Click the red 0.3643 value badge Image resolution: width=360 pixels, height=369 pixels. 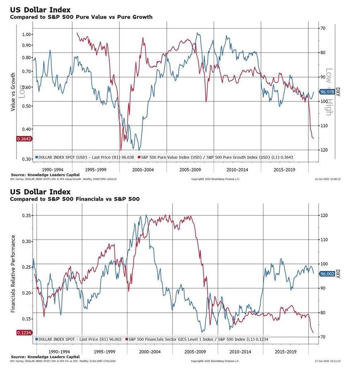pyautogui.click(x=24, y=139)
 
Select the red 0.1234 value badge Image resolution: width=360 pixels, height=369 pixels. pyautogui.click(x=24, y=332)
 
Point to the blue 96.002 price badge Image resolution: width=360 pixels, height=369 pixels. pyautogui.click(x=326, y=273)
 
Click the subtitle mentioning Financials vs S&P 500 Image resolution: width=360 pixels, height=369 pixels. pyautogui.click(x=74, y=199)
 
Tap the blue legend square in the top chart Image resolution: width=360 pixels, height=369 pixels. pyautogui.click(x=37, y=157)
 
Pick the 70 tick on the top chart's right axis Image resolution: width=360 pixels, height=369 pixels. pyautogui.click(x=322, y=28)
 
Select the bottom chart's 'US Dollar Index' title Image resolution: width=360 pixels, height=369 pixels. pyautogui.click(x=40, y=192)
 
